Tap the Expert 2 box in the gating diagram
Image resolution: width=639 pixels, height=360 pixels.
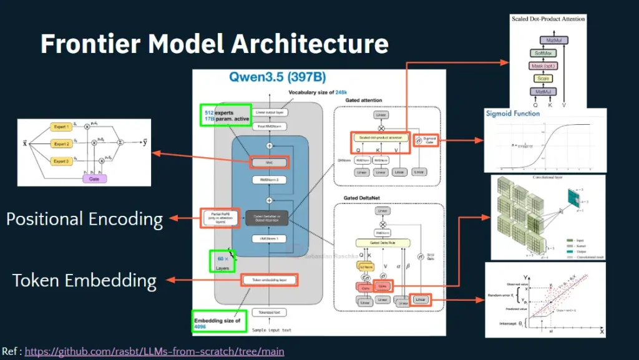coord(61,144)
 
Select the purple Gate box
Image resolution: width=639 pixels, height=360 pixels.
coord(94,178)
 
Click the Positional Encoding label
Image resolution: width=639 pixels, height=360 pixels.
coord(84,219)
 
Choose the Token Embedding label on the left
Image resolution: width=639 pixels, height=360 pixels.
coord(84,280)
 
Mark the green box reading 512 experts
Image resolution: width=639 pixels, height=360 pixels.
coord(226,115)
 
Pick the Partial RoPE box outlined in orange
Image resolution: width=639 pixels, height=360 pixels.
coord(218,218)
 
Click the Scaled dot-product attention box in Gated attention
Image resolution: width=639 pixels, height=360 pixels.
coord(379,137)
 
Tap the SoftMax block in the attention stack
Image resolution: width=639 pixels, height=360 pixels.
coord(540,54)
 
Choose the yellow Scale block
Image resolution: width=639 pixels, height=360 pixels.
coord(540,79)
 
